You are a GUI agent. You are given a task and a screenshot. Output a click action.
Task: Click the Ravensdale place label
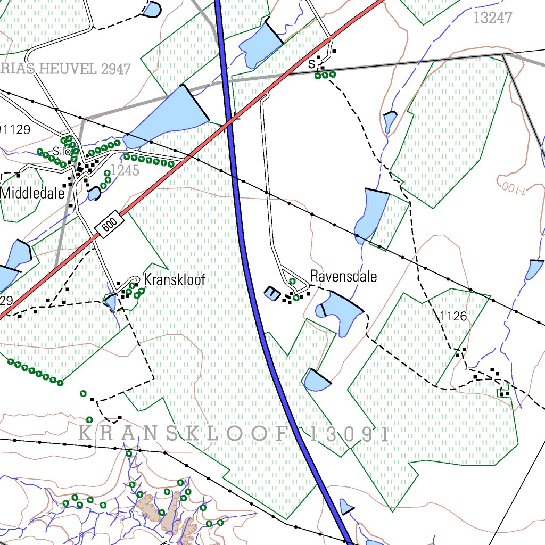tap(343, 277)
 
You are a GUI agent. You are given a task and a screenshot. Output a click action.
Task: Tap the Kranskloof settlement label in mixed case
tap(174, 280)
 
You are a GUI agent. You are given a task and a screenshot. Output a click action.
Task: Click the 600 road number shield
tap(109, 226)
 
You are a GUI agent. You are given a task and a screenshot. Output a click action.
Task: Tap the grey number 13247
tap(492, 18)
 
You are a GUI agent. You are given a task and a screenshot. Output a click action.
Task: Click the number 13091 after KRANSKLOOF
tap(349, 434)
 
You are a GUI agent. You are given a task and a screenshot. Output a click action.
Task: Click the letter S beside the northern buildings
tap(311, 64)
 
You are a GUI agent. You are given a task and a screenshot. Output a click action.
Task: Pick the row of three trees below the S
tap(325, 75)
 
